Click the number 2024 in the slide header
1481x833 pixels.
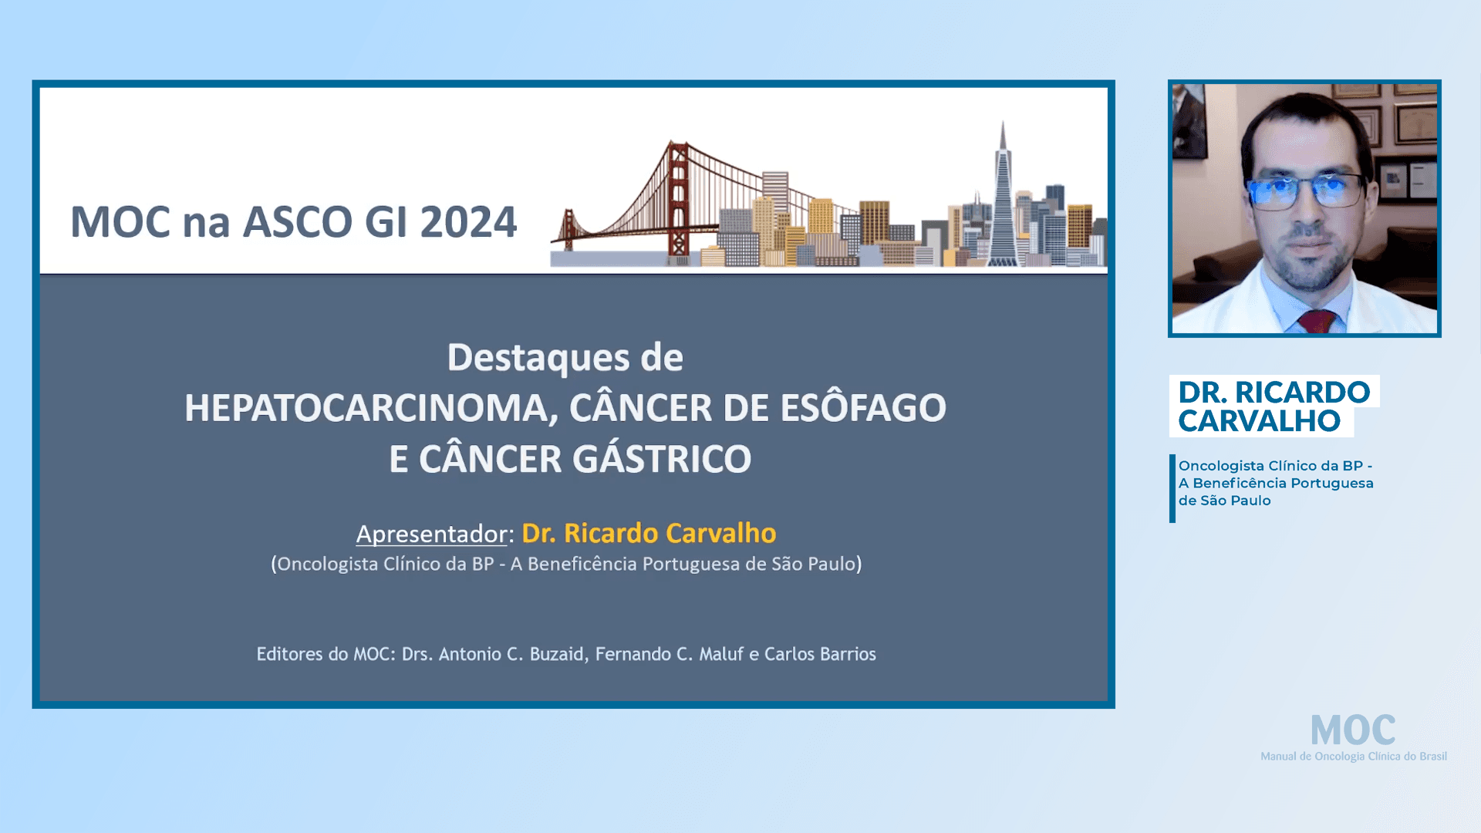click(467, 222)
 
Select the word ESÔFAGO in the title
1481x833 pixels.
click(862, 408)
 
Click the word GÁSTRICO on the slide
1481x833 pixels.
click(661, 459)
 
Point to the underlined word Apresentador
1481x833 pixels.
click(431, 534)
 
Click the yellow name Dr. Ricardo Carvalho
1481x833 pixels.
click(649, 533)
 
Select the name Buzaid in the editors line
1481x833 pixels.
click(556, 654)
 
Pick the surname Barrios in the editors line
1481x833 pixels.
click(847, 654)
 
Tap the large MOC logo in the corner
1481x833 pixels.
click(1352, 730)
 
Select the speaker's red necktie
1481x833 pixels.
click(1317, 320)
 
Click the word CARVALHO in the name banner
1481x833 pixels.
click(1259, 421)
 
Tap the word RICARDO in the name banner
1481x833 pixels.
click(1302, 392)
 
